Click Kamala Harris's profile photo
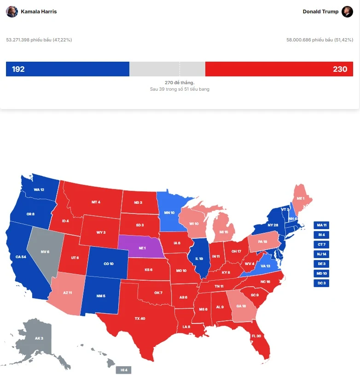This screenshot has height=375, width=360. tap(12, 12)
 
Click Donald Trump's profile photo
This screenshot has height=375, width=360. tap(347, 12)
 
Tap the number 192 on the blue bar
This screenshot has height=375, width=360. tap(18, 69)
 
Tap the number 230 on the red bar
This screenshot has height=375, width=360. tap(340, 69)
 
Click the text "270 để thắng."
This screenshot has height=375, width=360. tap(180, 82)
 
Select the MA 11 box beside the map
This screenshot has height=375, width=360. tap(321, 225)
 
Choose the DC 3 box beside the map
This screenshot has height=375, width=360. tap(321, 283)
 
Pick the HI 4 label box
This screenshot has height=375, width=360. tap(123, 370)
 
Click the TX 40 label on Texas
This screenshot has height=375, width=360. tap(139, 318)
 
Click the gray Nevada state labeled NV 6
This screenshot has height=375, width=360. tap(45, 252)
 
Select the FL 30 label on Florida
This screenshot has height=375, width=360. tap(256, 336)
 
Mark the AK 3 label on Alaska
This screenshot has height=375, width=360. tap(39, 338)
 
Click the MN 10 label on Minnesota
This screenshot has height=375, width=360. tap(169, 213)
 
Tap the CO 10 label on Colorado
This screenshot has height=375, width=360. tap(109, 264)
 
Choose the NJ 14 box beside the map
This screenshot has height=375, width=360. tap(321, 254)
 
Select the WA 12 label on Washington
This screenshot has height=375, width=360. tap(39, 190)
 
